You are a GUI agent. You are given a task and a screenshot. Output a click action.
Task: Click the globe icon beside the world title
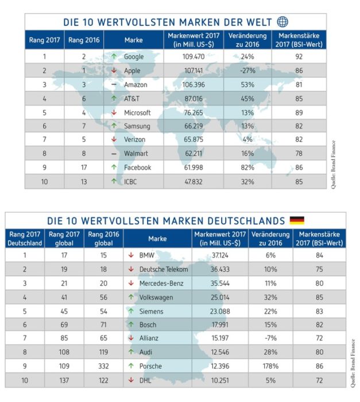click(x=282, y=22)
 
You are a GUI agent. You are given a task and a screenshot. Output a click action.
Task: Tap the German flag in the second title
click(x=297, y=221)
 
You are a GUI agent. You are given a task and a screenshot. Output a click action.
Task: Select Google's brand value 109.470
click(x=193, y=56)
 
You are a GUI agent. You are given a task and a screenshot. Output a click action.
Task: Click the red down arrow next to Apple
click(x=114, y=71)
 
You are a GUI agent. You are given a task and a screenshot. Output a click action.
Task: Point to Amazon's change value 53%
click(x=247, y=84)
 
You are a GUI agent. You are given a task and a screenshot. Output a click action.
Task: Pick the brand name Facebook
click(x=137, y=168)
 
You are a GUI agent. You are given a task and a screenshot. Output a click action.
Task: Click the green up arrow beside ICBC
click(x=114, y=181)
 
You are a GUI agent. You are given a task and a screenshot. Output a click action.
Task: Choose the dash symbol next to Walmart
click(x=114, y=154)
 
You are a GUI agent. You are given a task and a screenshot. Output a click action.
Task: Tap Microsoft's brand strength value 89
click(x=299, y=113)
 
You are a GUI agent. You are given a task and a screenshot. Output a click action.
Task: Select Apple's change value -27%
click(x=247, y=71)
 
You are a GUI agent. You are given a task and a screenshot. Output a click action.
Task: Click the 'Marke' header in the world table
click(x=134, y=40)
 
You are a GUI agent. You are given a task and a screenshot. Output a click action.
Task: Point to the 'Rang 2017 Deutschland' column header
click(x=25, y=238)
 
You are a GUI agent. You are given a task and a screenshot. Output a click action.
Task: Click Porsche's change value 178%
click(x=270, y=366)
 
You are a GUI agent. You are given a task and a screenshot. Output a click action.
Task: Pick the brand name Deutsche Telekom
click(x=164, y=269)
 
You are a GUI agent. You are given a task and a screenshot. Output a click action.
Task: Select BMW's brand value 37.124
click(x=220, y=256)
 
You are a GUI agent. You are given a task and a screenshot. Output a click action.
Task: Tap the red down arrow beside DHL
click(x=131, y=380)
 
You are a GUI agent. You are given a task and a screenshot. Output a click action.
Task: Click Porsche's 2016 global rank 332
click(x=103, y=366)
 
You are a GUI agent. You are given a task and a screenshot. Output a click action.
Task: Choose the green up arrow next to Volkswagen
click(x=131, y=297)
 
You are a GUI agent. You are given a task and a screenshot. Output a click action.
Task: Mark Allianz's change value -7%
click(x=270, y=338)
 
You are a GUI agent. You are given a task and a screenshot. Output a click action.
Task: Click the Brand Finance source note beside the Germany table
click(x=353, y=364)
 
